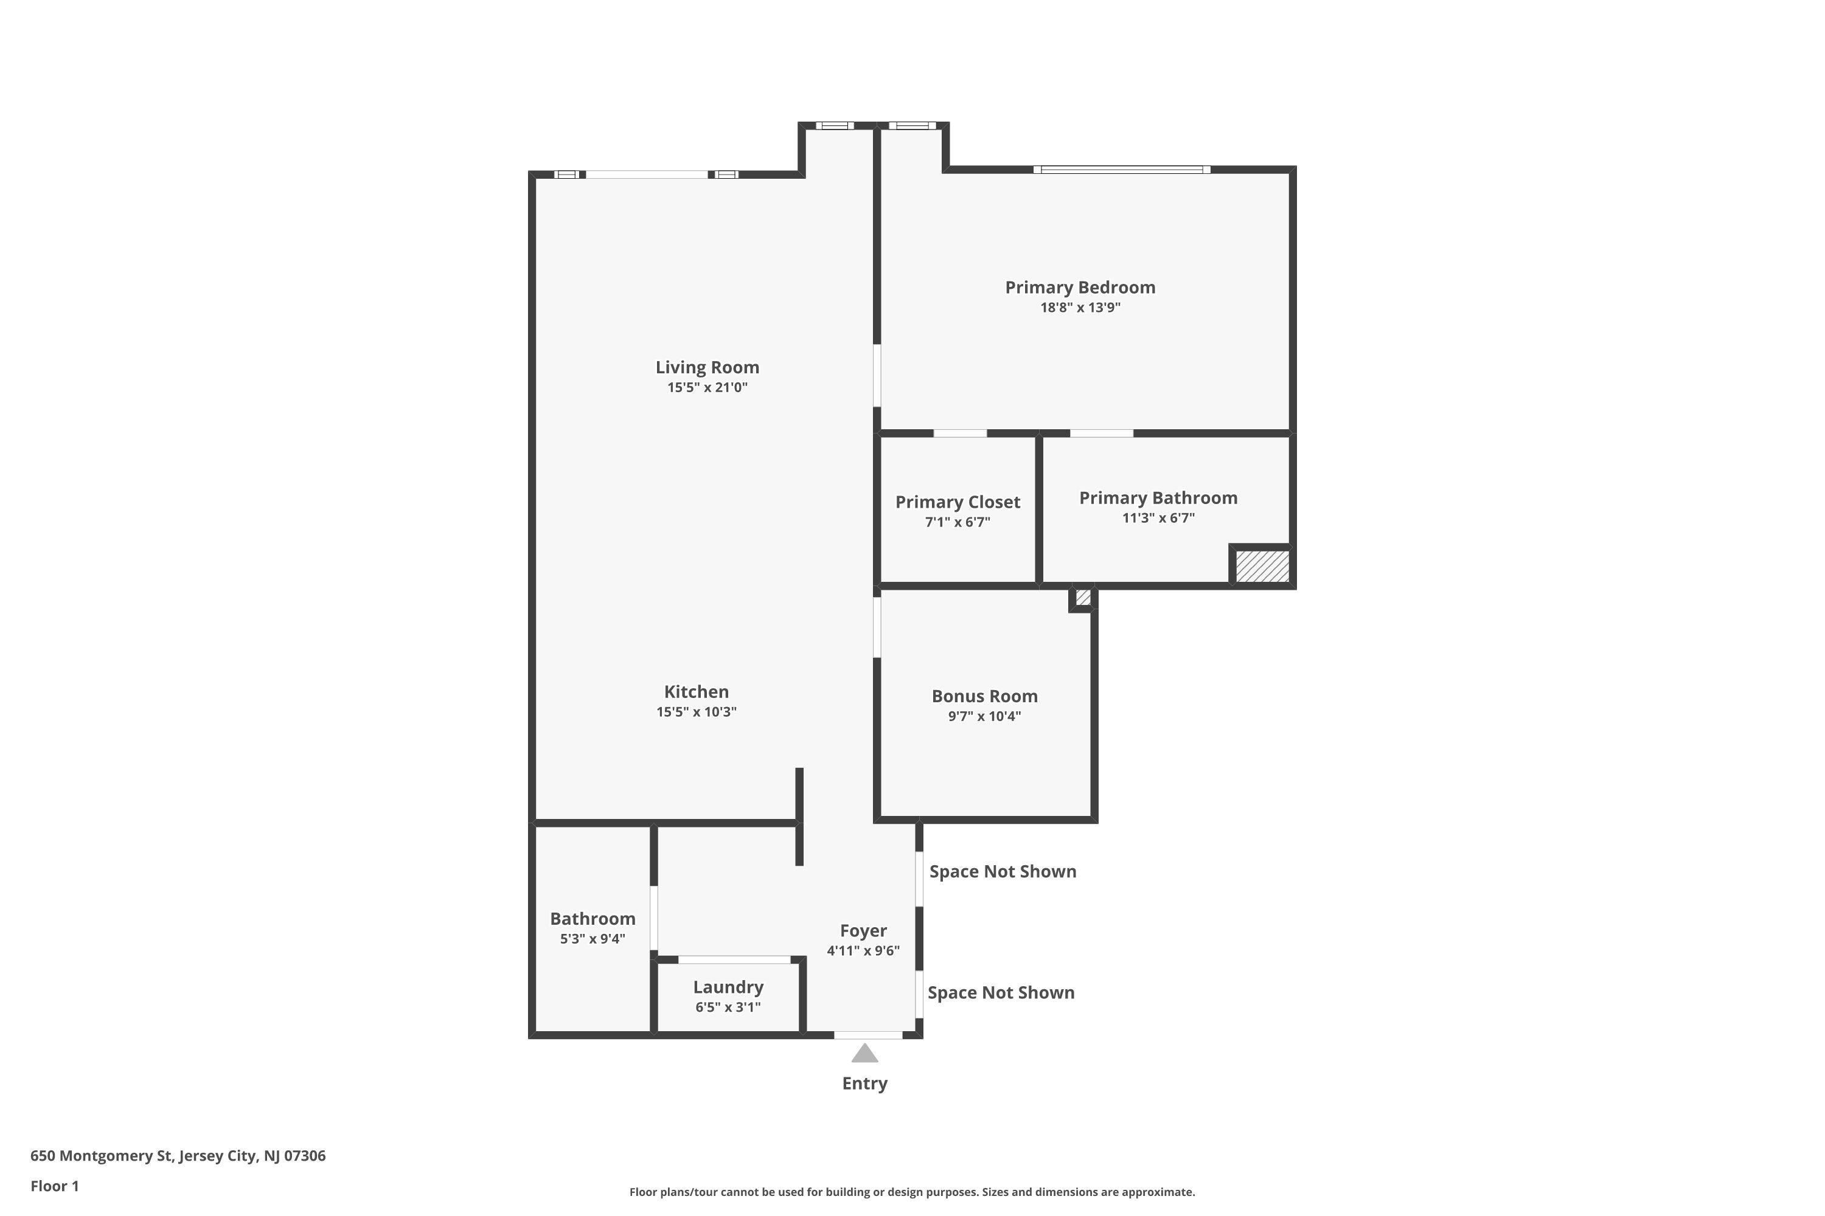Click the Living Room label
coord(707,368)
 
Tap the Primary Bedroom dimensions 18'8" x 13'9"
coord(1080,307)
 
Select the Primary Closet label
coord(958,502)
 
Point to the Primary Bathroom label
coord(1158,498)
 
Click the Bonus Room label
coord(984,696)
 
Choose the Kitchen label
coord(696,692)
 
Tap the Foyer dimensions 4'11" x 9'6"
coord(863,951)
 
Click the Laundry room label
coord(728,987)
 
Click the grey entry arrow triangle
coord(864,1054)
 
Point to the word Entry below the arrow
coord(864,1083)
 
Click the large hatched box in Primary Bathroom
coord(1262,566)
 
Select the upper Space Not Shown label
coord(1003,872)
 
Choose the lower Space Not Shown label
coord(1001,993)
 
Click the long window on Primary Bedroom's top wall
coord(1121,169)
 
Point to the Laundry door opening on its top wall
coord(734,960)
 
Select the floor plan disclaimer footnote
coord(912,1192)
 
